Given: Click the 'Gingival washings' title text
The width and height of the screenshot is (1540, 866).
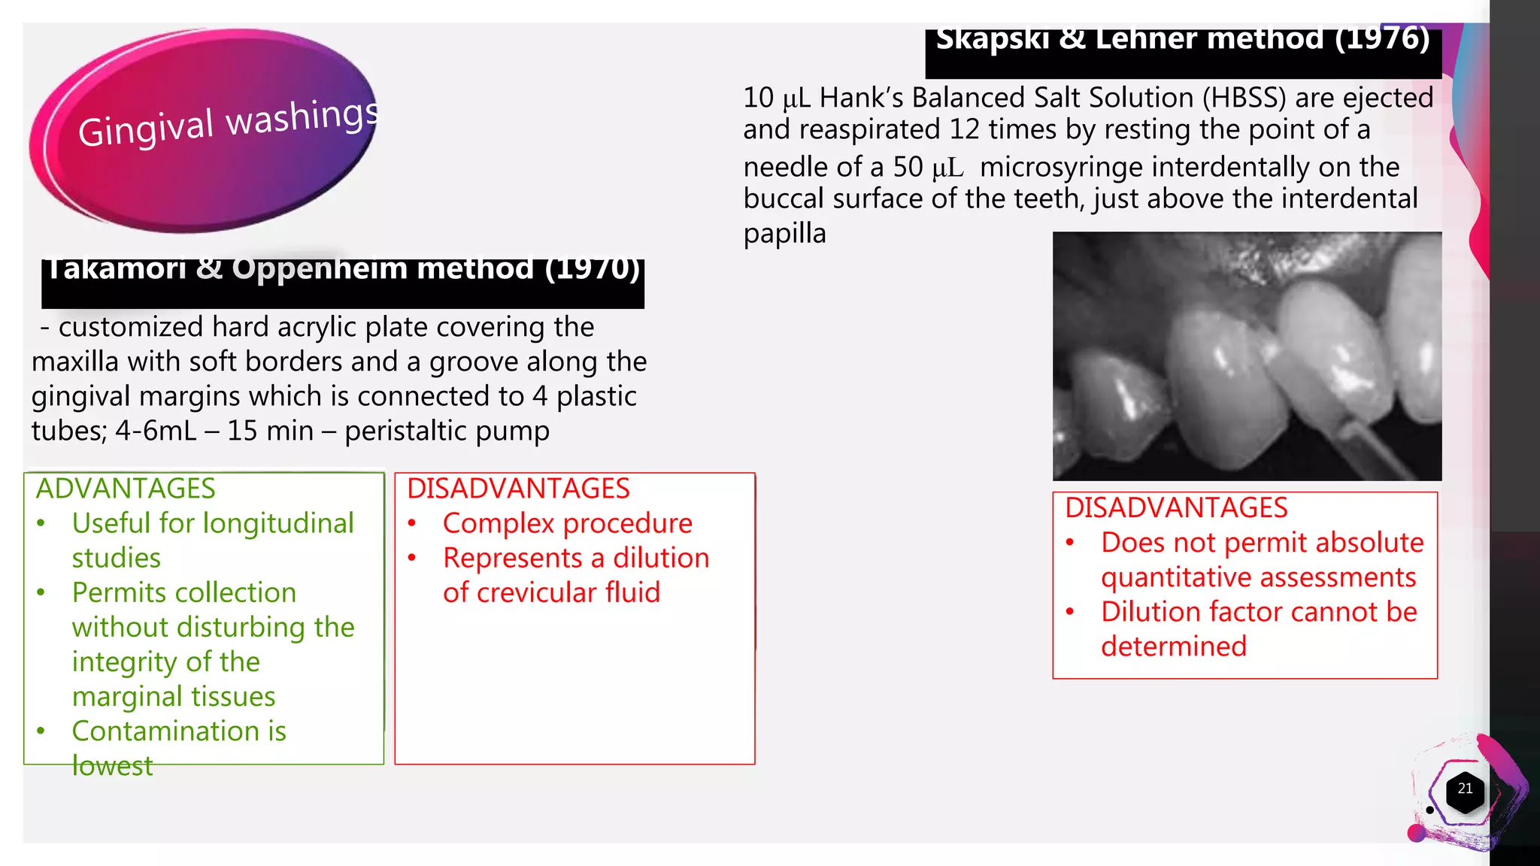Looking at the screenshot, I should coord(228,123).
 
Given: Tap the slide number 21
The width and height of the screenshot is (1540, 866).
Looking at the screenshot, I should coord(1465,789).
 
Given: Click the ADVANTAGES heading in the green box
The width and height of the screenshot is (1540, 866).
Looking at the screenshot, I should coord(126,489).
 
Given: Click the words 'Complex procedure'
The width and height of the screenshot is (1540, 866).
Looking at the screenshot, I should coord(567,523).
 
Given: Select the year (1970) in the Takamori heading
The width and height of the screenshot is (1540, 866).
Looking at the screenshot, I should coord(593,268).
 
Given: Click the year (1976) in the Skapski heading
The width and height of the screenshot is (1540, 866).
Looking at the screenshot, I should coord(1382,38).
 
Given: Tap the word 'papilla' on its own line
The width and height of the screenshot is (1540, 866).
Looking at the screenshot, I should coord(784,233).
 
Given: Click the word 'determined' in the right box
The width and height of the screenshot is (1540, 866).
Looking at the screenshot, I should coord(1173,646).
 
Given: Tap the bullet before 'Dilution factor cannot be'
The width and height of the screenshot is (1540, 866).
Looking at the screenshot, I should coord(1070,612).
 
